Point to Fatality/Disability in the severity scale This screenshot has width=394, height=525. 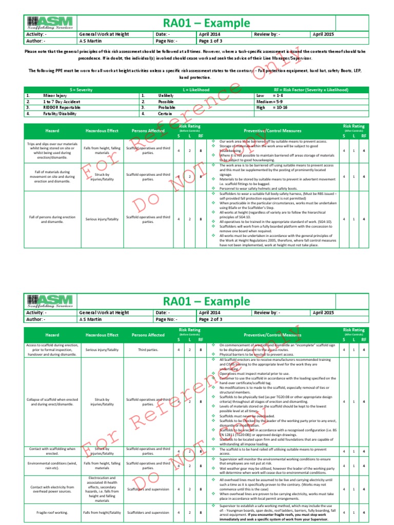pos(62,113)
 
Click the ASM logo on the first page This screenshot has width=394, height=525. pos(51,23)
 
